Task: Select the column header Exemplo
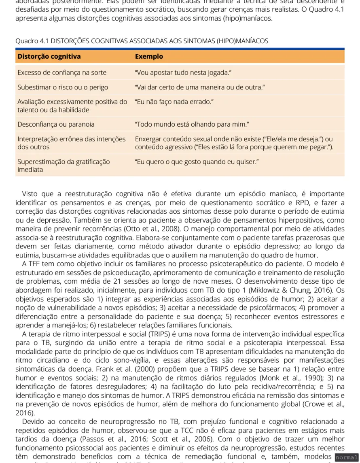coord(149,56)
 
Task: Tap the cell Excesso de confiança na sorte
coord(62,73)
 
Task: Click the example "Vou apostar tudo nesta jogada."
coord(183,73)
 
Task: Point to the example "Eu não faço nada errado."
coord(174,102)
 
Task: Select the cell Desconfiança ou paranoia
coord(56,124)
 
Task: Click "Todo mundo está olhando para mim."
coord(192,124)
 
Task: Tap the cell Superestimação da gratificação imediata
coord(64,166)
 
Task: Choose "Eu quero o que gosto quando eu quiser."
coord(197,161)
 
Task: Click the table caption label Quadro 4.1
coord(32,41)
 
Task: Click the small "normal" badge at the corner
coord(347,457)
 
